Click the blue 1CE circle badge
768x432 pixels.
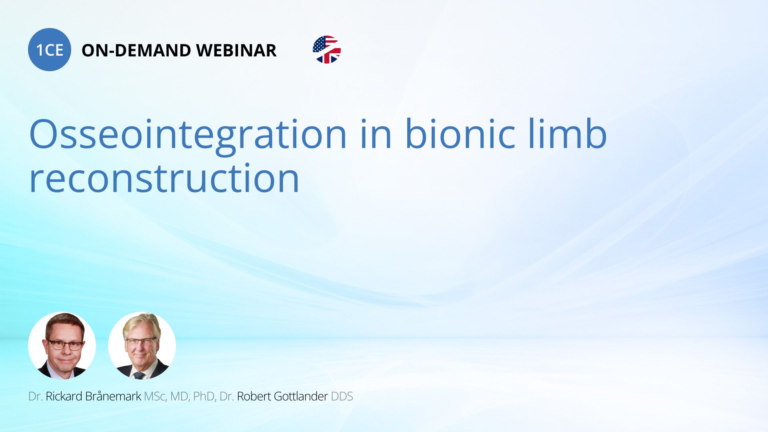pos(50,50)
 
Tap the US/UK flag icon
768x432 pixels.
pos(327,50)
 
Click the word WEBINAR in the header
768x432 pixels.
pos(236,50)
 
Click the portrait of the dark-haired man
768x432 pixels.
pos(62,346)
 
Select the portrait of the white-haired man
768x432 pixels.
pos(142,346)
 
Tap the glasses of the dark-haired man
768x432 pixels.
pos(65,344)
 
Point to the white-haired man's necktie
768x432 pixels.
pos(139,375)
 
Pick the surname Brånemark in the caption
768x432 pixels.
pos(113,396)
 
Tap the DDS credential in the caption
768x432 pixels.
pos(342,396)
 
